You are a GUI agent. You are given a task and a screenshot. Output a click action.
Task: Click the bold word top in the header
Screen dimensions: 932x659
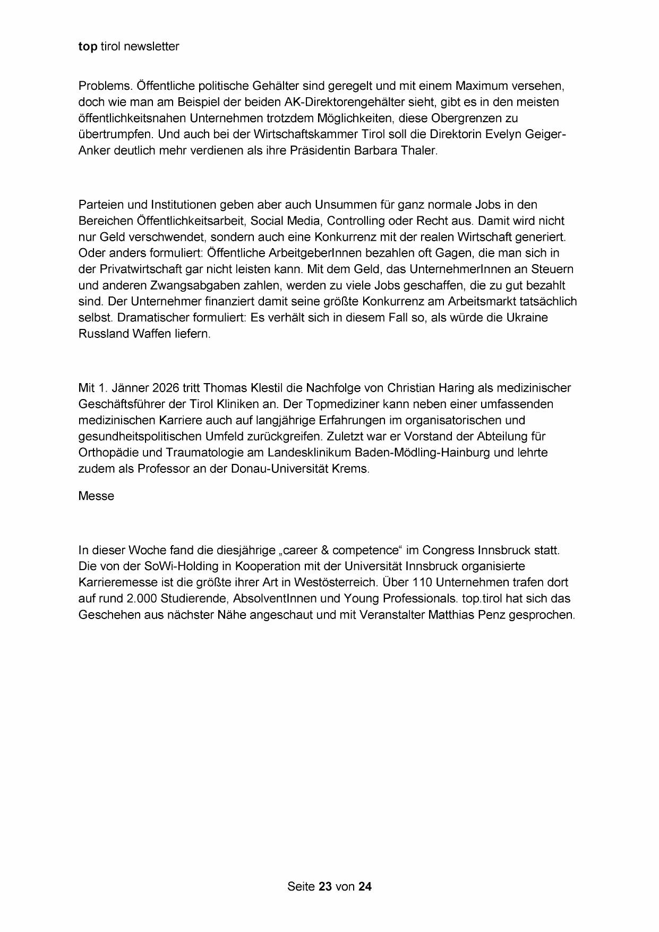click(x=88, y=47)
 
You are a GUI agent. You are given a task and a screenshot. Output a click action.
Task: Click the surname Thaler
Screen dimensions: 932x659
click(x=420, y=150)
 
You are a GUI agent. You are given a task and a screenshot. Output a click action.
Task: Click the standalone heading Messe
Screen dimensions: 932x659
click(x=96, y=496)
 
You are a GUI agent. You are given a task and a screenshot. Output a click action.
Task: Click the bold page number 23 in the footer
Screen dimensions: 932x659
click(x=326, y=886)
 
